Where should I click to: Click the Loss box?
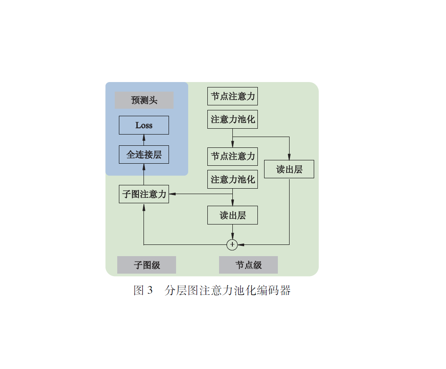click(144, 125)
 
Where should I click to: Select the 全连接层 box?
click(144, 155)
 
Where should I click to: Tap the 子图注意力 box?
click(144, 194)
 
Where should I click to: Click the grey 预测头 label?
click(144, 100)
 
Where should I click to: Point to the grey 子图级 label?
click(146, 265)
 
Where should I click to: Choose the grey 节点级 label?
click(248, 265)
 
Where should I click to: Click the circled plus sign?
click(232, 245)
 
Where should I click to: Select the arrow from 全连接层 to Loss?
click(144, 140)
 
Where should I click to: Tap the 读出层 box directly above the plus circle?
click(232, 215)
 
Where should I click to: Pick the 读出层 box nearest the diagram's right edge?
click(289, 170)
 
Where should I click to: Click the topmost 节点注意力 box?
click(232, 96)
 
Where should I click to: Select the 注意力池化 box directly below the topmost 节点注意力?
click(232, 120)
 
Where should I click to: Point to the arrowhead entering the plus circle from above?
click(232, 237)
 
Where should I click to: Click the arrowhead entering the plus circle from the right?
click(241, 245)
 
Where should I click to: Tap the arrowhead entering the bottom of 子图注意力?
click(144, 207)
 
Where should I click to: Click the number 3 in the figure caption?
click(150, 291)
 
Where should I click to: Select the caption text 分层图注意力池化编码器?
click(227, 291)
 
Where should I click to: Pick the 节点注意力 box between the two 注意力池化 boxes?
click(232, 157)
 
